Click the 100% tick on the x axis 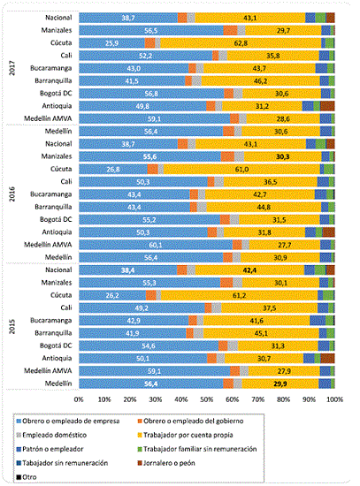click(x=334, y=400)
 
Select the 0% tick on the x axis click(x=79, y=400)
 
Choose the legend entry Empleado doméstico click(x=58, y=434)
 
